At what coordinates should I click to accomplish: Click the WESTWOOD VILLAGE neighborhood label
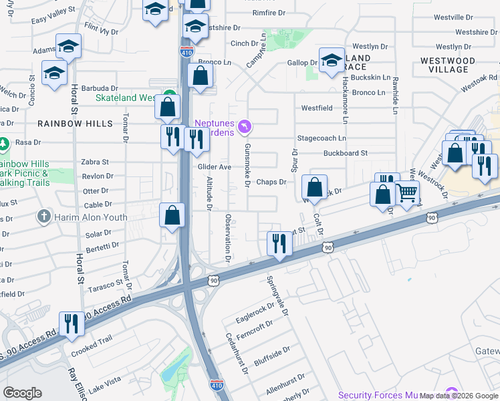tap(449, 65)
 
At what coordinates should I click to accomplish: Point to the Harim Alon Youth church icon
tap(43, 216)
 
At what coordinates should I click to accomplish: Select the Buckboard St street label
tap(346, 153)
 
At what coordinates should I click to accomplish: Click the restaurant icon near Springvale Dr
tap(278, 243)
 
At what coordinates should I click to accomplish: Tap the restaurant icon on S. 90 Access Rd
tap(70, 323)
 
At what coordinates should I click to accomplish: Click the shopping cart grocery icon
tap(408, 192)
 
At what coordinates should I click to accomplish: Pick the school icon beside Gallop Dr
tap(331, 60)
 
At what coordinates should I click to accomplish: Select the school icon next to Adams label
tap(68, 45)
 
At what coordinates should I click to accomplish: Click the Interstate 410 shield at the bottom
tap(223, 386)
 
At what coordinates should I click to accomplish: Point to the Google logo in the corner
tap(22, 393)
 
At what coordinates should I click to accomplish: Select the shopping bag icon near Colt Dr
tap(314, 186)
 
